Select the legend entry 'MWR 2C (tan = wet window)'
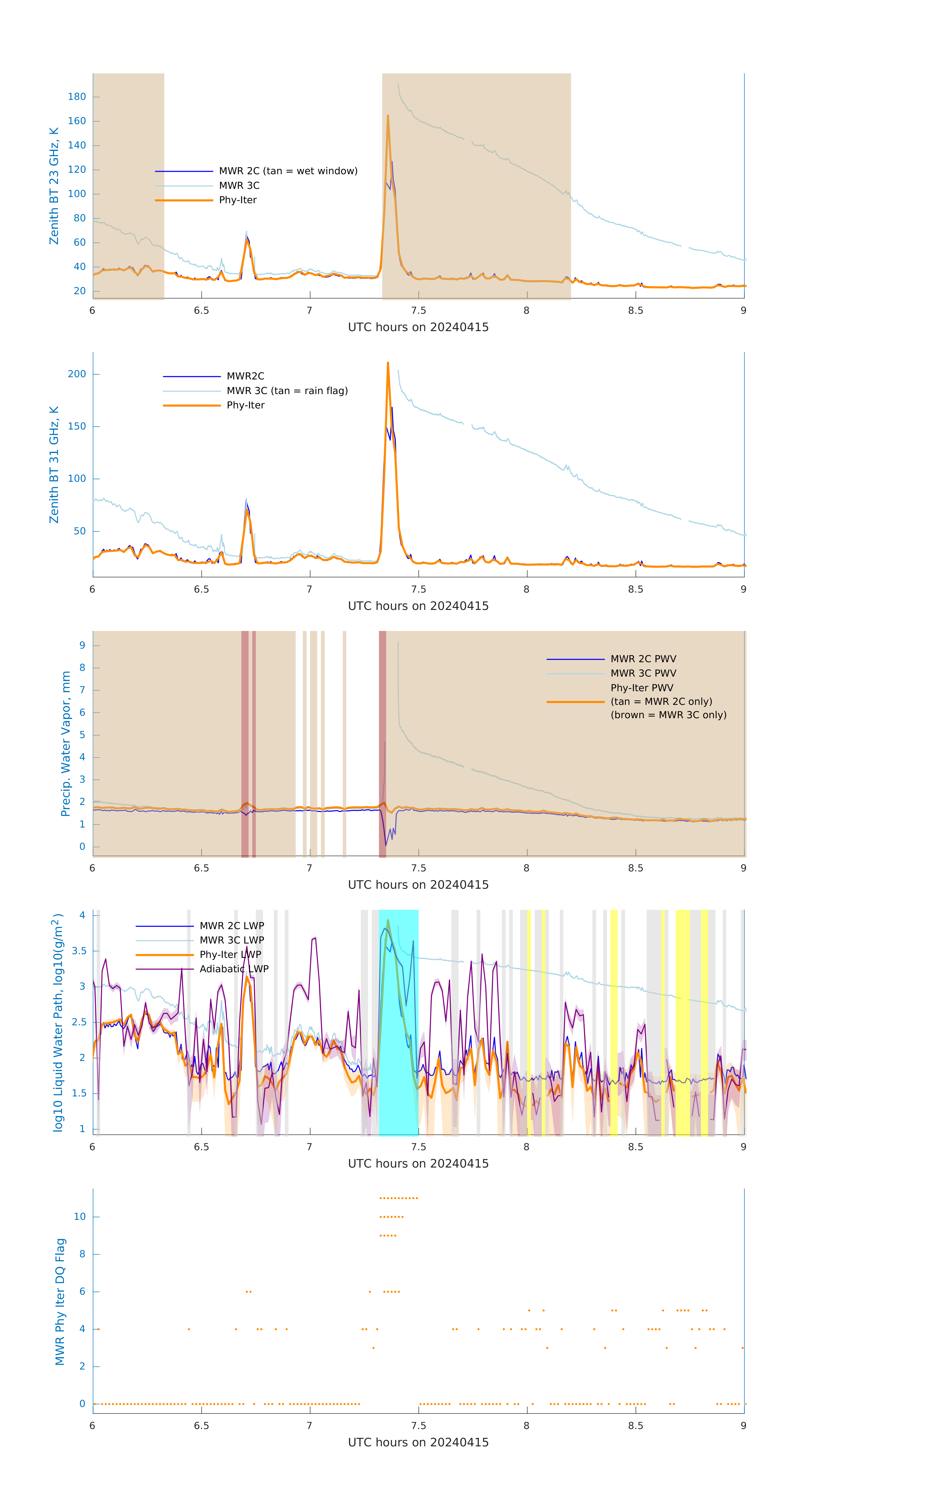(x=288, y=171)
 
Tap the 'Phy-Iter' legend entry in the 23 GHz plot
(x=238, y=200)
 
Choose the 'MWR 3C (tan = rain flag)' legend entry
(x=287, y=391)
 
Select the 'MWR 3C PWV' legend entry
(x=643, y=673)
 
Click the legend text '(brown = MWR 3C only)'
(x=668, y=715)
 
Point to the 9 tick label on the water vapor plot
(x=82, y=646)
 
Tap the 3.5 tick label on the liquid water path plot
(x=79, y=951)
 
